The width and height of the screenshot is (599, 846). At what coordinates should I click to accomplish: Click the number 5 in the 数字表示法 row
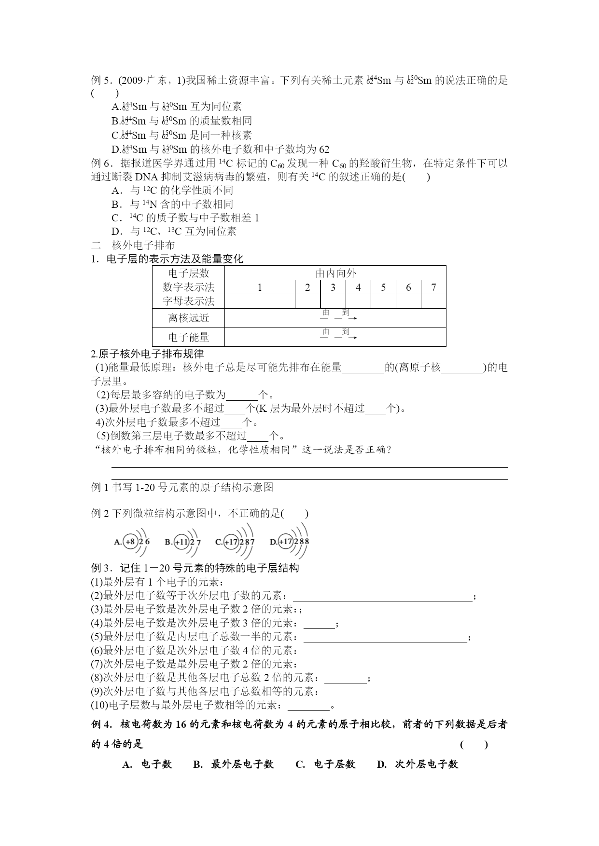[x=383, y=287]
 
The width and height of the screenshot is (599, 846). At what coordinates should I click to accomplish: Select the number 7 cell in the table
[x=433, y=287]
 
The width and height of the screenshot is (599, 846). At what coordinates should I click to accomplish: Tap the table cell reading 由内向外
[x=335, y=273]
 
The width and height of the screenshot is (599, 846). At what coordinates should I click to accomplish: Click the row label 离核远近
[x=189, y=318]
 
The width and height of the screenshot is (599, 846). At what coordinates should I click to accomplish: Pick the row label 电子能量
[x=189, y=337]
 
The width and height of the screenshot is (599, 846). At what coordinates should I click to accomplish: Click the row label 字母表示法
[x=189, y=301]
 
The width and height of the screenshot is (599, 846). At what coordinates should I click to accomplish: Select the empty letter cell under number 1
[x=260, y=301]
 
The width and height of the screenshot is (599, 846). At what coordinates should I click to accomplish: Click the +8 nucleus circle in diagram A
[x=131, y=542]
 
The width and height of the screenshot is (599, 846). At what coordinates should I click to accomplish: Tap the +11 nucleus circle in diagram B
[x=182, y=542]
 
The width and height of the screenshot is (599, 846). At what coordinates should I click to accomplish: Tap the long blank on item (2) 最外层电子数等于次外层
[x=382, y=596]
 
